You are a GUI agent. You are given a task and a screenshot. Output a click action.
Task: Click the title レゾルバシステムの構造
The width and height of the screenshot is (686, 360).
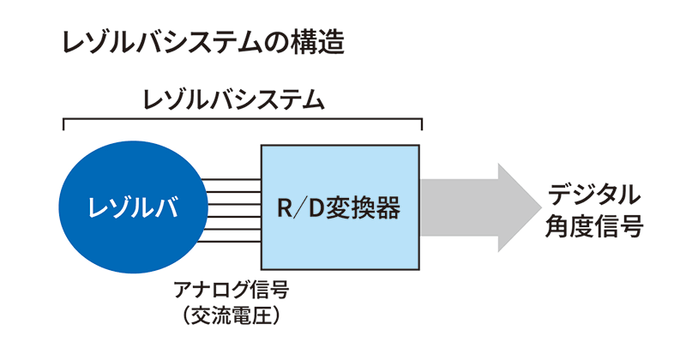tap(202, 43)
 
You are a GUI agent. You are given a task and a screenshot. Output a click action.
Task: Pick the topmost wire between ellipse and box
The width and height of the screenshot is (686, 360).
tap(232, 180)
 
